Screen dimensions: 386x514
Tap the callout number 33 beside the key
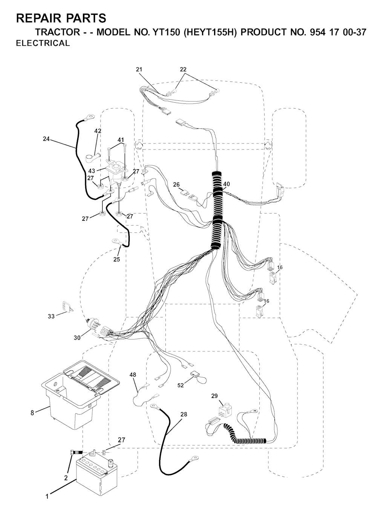tap(51, 316)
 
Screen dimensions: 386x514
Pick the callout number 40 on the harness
tap(226, 184)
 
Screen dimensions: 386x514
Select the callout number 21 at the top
tap(139, 69)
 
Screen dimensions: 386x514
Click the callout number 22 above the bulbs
tap(183, 69)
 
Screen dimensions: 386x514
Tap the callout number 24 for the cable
tap(46, 139)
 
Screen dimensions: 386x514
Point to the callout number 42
tap(98, 131)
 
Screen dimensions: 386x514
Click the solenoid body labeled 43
tap(113, 173)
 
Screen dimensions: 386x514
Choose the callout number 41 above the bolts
tap(121, 140)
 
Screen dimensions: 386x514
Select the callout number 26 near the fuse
tap(176, 185)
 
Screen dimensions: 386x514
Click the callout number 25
tap(116, 259)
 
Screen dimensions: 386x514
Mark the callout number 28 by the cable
tap(184, 414)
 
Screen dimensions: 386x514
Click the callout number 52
tap(181, 385)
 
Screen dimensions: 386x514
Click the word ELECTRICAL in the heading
tap(43, 43)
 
